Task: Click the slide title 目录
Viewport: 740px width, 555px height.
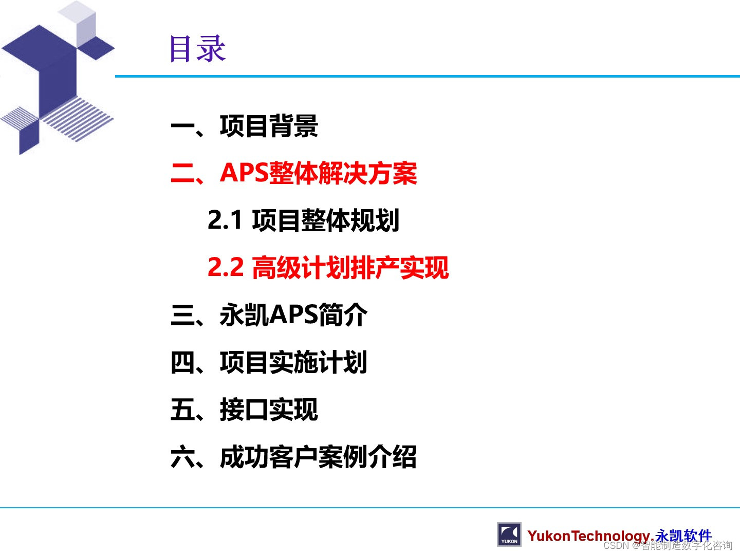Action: (198, 49)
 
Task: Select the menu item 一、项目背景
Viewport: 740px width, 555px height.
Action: (245, 126)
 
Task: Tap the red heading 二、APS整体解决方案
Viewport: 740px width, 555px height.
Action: (293, 173)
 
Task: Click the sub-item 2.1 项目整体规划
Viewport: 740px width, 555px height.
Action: (303, 220)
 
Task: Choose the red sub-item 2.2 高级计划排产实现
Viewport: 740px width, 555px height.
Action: (328, 268)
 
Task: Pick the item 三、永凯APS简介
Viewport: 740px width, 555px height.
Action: (269, 315)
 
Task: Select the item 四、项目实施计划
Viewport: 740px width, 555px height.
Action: (269, 362)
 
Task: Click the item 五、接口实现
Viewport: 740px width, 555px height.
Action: (245, 410)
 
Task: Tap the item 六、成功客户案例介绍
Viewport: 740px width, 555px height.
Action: (293, 457)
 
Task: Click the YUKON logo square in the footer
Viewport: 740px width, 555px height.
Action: (509, 534)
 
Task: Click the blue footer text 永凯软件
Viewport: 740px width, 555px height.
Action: (683, 535)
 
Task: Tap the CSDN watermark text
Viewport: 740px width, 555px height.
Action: (668, 546)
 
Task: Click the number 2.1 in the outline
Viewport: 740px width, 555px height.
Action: (225, 220)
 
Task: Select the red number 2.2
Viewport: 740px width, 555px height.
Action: (226, 268)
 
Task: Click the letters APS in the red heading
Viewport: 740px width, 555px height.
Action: (244, 173)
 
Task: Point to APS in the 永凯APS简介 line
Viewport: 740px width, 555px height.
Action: (293, 315)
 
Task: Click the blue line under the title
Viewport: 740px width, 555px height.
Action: (427, 77)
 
